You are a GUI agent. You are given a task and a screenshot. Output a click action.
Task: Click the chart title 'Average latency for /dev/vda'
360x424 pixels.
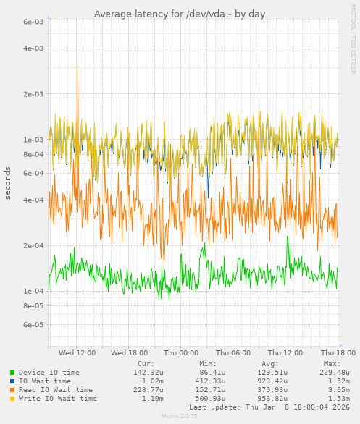point(180,14)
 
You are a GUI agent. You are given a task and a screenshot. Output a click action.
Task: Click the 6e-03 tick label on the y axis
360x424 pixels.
point(33,22)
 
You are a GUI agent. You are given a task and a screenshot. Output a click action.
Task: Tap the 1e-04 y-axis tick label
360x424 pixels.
point(33,291)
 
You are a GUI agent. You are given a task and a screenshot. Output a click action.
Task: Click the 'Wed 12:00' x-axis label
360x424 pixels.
point(78,352)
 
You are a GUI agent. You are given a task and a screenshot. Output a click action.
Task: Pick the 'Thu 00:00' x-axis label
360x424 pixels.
point(180,352)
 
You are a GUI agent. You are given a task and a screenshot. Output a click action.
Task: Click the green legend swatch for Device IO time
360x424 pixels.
point(12,373)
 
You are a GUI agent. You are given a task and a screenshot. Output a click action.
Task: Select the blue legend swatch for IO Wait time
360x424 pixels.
point(12,381)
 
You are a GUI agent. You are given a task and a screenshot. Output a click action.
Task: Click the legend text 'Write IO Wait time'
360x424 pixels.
point(58,399)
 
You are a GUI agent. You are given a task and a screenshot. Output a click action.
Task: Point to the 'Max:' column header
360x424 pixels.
point(332,364)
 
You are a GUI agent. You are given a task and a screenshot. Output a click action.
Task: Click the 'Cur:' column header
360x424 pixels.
point(146,364)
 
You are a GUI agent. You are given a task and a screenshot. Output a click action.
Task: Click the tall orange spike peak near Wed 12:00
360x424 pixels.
point(78,67)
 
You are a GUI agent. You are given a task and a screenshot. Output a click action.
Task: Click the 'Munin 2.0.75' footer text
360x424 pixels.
point(180,417)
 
